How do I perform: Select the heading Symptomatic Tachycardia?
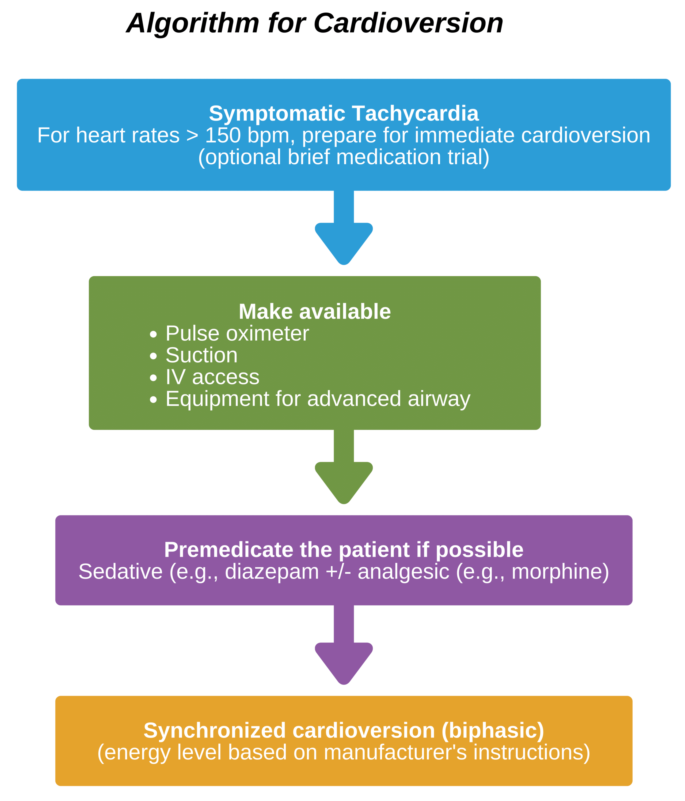[x=344, y=113]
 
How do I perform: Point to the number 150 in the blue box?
[x=223, y=135]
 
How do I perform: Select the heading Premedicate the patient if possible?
[x=344, y=550]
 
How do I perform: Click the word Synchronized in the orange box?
[x=215, y=731]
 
